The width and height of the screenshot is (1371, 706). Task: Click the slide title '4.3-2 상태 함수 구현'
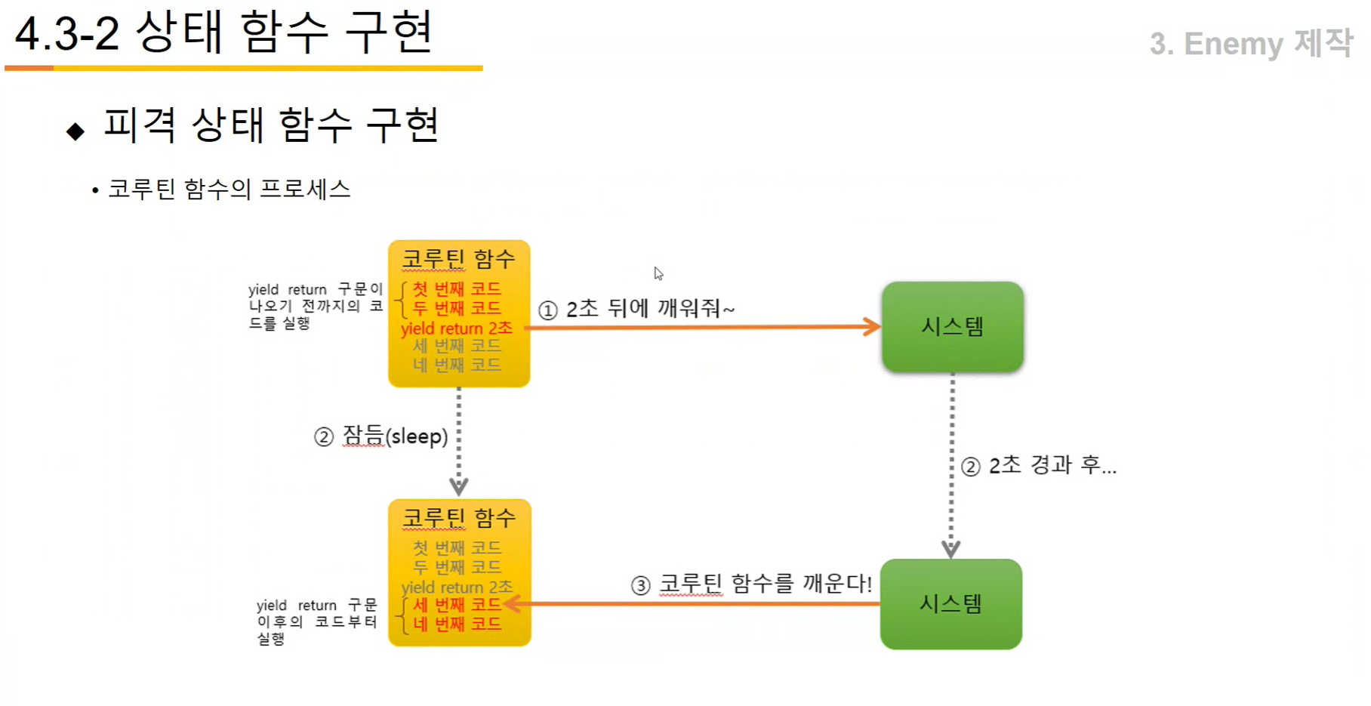tap(223, 33)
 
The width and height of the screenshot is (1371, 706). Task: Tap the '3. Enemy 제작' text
tap(1250, 44)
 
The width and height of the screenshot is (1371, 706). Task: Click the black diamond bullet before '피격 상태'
tap(75, 131)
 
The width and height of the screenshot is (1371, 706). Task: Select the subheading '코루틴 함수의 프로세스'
tap(229, 189)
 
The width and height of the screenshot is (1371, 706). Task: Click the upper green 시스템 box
tap(952, 327)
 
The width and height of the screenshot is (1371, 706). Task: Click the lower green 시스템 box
tap(950, 604)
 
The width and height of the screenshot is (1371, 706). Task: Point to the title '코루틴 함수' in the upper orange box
tap(458, 259)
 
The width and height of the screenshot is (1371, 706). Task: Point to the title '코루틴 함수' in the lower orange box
tap(458, 518)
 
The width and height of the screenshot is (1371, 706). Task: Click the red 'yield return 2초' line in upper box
tap(457, 328)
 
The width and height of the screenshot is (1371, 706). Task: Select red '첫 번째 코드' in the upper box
tap(457, 288)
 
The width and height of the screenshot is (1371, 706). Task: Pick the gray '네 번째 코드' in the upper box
tap(457, 365)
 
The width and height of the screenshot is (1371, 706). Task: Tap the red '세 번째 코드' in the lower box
tap(457, 605)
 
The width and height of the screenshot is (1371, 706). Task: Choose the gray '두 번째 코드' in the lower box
tap(457, 567)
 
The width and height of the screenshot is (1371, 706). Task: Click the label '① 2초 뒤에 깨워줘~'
tap(636, 309)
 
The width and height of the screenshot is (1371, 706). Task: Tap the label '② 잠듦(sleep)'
tap(381, 436)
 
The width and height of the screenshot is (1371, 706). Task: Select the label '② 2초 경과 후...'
tap(1039, 466)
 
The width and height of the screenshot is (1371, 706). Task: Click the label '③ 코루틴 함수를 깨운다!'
tap(751, 584)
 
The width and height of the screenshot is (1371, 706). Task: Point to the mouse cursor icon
tap(658, 273)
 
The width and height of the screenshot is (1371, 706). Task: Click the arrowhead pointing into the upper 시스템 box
tap(873, 327)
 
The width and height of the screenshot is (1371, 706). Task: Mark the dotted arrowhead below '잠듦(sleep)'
tap(458, 486)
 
